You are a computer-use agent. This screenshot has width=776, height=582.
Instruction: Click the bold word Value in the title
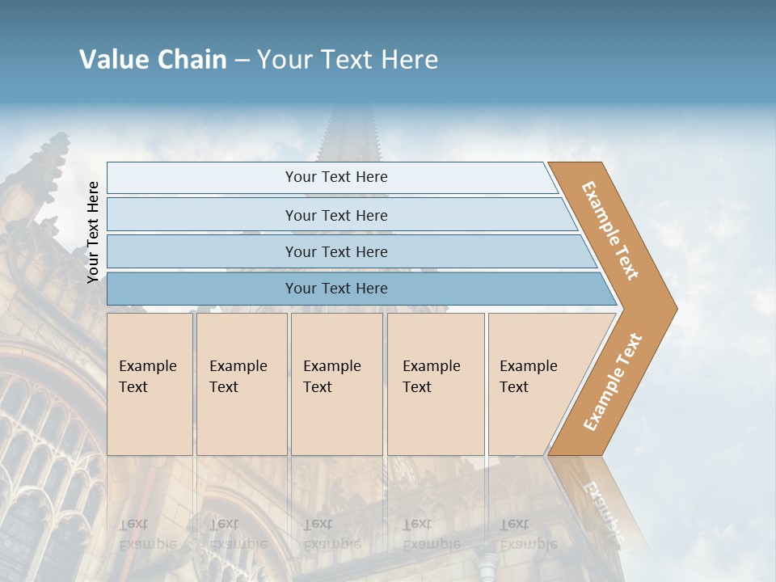coord(112,60)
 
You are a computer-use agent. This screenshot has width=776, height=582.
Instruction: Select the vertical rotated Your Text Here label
coord(93,232)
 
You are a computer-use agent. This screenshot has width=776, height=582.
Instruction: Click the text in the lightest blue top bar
coord(336,177)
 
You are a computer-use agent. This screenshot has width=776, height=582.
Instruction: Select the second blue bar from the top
coord(336,215)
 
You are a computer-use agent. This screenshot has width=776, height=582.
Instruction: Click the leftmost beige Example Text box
coord(150,384)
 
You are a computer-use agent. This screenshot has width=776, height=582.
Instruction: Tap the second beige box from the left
coord(242,384)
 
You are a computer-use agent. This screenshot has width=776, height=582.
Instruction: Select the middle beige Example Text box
coord(336,384)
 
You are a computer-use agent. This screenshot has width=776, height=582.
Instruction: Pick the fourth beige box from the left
coord(435,384)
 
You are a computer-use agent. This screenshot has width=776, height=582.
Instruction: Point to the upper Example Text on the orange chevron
coord(610,230)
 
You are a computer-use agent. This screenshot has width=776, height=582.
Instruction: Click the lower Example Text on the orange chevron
coord(613,382)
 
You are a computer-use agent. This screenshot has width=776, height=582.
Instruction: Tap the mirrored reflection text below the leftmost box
coord(148,533)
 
